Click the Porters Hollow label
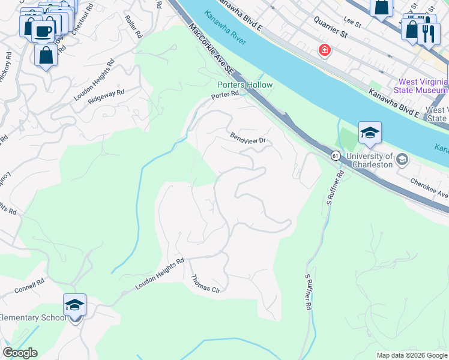(244, 85)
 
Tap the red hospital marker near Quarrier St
(325, 50)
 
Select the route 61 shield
(335, 156)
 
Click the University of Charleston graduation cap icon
(370, 133)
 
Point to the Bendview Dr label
(247, 139)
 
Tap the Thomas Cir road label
(206, 284)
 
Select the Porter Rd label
(225, 95)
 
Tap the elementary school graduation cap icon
(75, 305)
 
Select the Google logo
(20, 352)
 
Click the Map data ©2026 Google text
(411, 355)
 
